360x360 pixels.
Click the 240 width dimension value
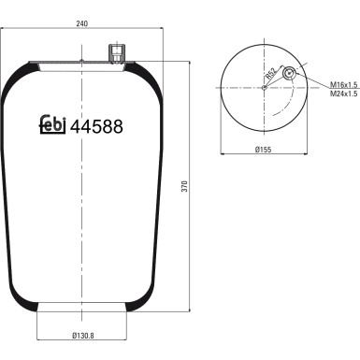coord(82,23)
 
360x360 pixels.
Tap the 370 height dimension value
coord(185,186)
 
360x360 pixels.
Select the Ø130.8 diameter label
coord(83,336)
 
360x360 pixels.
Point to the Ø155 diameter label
coord(264,150)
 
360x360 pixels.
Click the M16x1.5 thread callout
coord(343,84)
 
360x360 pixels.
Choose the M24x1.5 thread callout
coord(343,94)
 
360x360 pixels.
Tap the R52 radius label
coord(270,73)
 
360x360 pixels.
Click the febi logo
coord(52,124)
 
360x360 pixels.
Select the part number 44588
coord(96,126)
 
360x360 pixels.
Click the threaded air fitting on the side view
coord(117,53)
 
